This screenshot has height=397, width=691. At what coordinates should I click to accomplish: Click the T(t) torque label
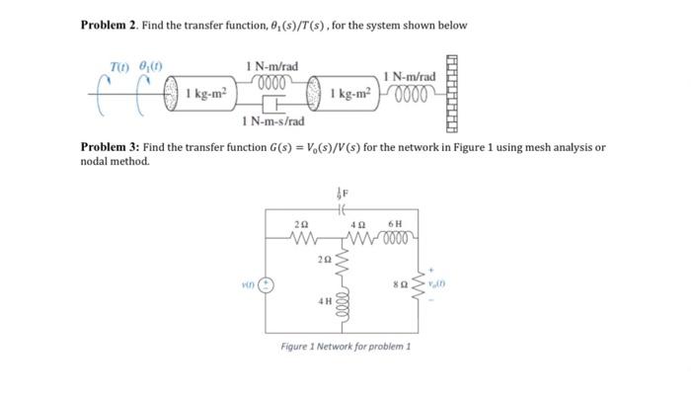click(x=119, y=71)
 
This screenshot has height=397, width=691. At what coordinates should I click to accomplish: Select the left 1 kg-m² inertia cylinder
click(x=197, y=94)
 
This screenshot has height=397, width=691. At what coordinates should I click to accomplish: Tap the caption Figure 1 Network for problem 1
click(x=345, y=348)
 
